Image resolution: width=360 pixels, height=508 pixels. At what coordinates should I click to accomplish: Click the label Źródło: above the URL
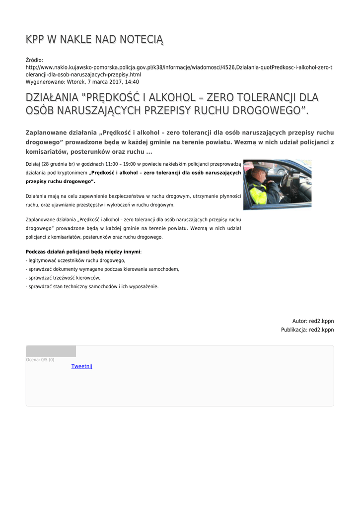[34, 60]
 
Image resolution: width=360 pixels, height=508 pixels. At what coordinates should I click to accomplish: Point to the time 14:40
[132, 82]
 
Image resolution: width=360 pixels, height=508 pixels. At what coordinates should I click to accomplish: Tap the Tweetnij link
[82, 367]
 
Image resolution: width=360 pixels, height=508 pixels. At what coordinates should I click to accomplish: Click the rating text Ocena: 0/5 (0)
[40, 360]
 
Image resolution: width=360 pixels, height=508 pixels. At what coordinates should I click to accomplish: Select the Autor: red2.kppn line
[313, 321]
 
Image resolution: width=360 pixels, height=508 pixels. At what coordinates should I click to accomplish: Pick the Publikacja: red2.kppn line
[307, 330]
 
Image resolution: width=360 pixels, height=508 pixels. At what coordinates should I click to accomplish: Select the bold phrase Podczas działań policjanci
[66, 252]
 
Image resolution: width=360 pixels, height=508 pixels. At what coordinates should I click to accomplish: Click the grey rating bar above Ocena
[51, 351]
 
